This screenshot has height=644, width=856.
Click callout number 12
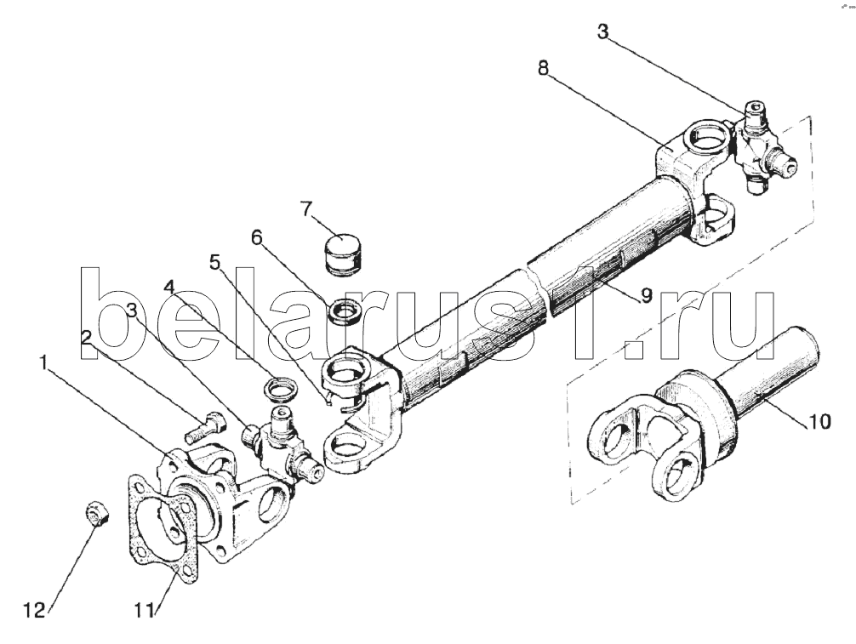click(35, 610)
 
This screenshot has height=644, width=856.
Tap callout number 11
click(145, 611)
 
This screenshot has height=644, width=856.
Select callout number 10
click(818, 421)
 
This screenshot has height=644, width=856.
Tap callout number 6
click(257, 237)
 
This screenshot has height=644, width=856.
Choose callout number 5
click(215, 263)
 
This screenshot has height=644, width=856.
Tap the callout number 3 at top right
click(602, 31)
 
